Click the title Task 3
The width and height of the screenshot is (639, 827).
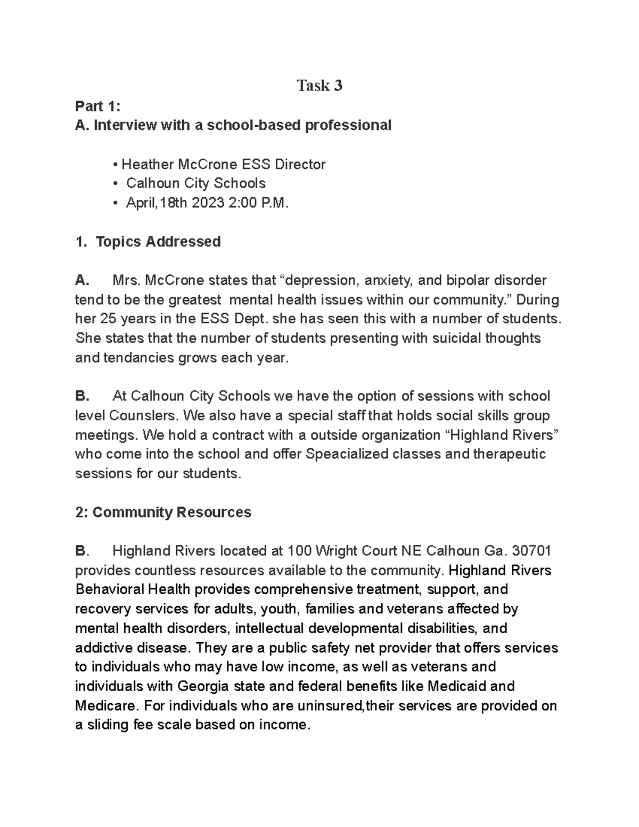click(319, 86)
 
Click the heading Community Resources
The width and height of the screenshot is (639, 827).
click(171, 512)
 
